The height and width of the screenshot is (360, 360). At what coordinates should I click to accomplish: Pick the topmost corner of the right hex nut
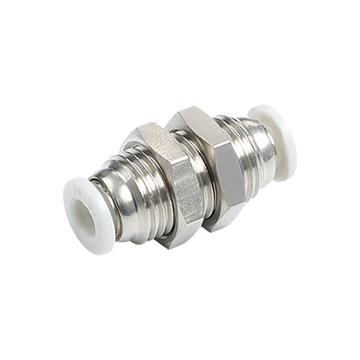tap(191, 107)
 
